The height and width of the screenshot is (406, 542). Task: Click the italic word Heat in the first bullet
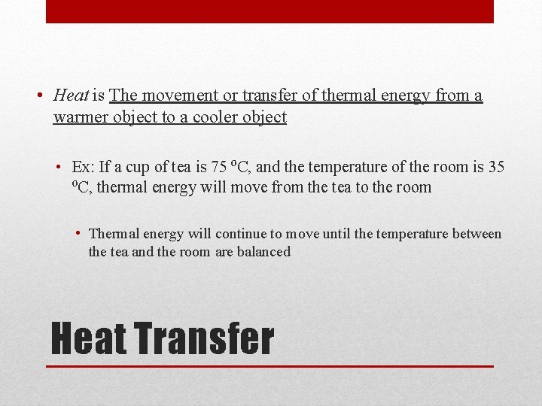click(71, 95)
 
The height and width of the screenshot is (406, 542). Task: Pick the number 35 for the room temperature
click(495, 167)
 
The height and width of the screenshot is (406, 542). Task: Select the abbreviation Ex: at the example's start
click(81, 167)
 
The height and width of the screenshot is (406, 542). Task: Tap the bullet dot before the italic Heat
click(38, 95)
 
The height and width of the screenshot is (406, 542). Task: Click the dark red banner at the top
click(269, 11)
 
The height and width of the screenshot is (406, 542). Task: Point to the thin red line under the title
click(269, 366)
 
